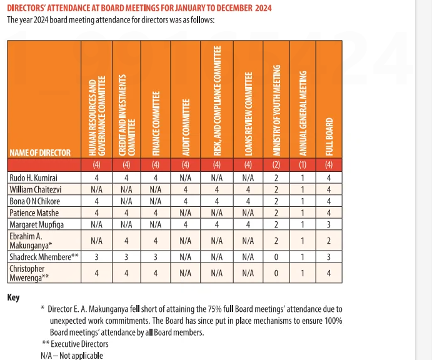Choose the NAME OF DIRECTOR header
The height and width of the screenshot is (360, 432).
pyautogui.click(x=40, y=152)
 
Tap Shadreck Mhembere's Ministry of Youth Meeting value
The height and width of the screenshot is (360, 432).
pyautogui.click(x=276, y=255)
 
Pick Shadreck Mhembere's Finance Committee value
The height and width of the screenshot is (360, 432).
pyautogui.click(x=155, y=255)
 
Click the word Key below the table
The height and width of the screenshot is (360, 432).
pyautogui.click(x=13, y=297)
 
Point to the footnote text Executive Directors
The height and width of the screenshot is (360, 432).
pyautogui.click(x=79, y=344)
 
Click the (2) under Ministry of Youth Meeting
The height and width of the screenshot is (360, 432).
pyautogui.click(x=276, y=165)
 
